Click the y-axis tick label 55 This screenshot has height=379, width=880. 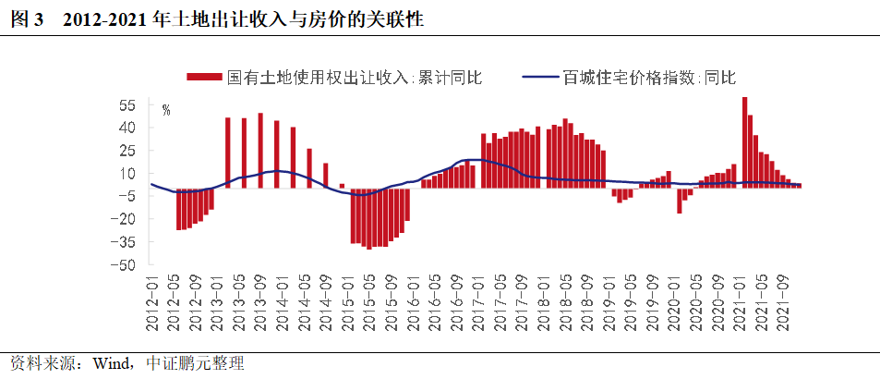click(127, 104)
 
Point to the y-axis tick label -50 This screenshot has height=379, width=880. click(124, 264)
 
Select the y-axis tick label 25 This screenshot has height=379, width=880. click(127, 150)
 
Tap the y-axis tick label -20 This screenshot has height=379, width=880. click(124, 219)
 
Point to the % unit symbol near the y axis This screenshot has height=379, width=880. click(166, 111)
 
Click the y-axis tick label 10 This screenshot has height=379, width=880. click(127, 173)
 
